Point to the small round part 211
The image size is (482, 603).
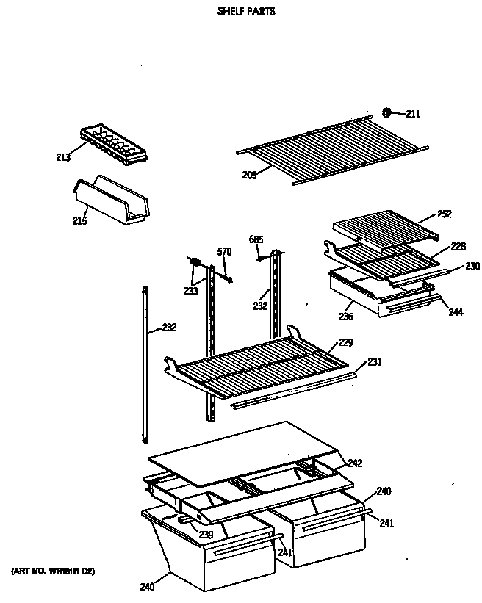(x=386, y=112)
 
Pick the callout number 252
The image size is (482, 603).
(x=445, y=214)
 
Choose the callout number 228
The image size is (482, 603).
(x=458, y=247)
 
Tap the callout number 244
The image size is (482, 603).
(x=456, y=312)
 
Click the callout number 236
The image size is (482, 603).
(x=346, y=317)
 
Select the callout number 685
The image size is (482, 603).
(x=256, y=239)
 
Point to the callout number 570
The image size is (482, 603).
(x=224, y=252)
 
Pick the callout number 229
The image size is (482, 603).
(x=345, y=343)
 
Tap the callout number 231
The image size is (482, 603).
(x=375, y=361)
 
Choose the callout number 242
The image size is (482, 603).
(x=355, y=463)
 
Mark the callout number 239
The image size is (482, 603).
(x=206, y=534)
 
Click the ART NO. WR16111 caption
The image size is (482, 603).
(x=52, y=571)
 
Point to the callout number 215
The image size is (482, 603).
(x=79, y=221)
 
